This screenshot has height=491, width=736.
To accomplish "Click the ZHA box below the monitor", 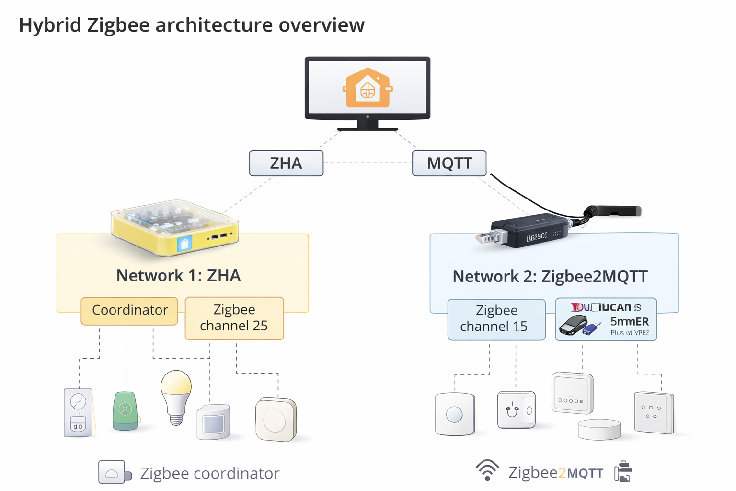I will coord(286,163).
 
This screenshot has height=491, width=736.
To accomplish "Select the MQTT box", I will coord(449,163).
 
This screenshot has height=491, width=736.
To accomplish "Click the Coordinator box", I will coord(129,310).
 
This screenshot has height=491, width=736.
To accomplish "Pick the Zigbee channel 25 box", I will coord(234,318).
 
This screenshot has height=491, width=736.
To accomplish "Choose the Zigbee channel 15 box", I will coord(496,319).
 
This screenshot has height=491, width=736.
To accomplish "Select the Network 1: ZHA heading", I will coord(178,276).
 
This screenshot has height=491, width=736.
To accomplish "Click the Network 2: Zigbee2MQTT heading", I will coord(550,277).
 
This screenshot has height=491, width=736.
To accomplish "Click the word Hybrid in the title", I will coord(50,25).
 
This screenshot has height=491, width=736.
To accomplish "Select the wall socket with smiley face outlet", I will coord(516,409).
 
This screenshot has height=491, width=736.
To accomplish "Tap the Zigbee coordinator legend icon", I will coord(114,472).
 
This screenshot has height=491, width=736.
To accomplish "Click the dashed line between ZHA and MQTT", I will coord(368,163).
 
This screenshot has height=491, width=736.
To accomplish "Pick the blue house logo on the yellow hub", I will coord(184,244).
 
